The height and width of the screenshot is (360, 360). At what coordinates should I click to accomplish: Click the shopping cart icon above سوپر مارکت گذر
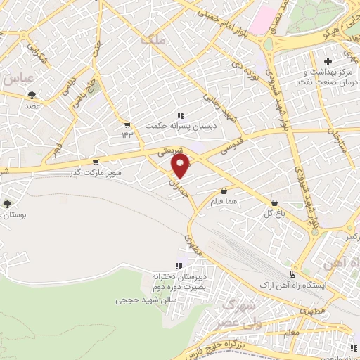[96, 161]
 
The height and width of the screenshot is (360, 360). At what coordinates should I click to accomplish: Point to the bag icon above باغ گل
[274, 202]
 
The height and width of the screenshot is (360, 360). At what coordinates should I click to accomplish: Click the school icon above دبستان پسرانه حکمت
[181, 115]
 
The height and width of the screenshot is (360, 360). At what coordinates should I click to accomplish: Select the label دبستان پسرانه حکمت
[174, 126]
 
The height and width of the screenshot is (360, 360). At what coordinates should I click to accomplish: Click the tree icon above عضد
[31, 95]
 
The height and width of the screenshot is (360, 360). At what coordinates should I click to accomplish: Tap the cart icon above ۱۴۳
[127, 124]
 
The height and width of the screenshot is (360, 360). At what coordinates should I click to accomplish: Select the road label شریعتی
[171, 151]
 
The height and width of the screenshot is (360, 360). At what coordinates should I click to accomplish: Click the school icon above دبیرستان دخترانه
[178, 266]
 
